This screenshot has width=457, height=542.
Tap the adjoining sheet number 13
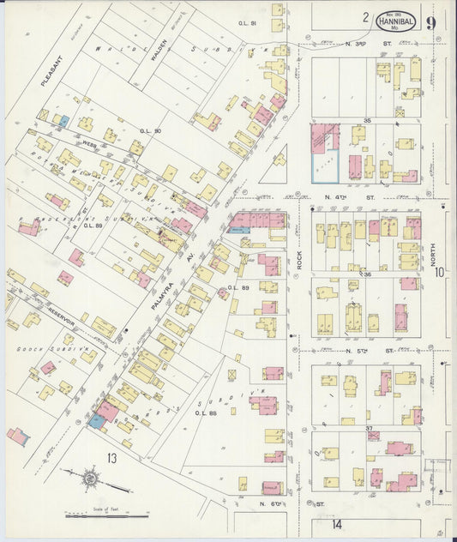point(111,458)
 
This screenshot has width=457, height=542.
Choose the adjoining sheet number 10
point(439,273)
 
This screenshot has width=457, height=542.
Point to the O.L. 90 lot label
point(152,130)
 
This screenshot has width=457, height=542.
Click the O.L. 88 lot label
point(204,413)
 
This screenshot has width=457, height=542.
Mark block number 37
point(368,428)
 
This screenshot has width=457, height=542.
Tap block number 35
point(367,121)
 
